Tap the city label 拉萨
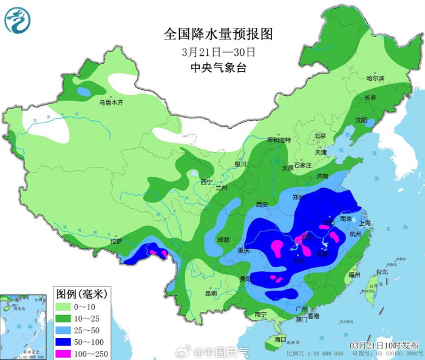point(116,242)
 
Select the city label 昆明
point(211,293)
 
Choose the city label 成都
point(223,239)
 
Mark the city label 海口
point(280,338)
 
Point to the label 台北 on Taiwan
point(381,271)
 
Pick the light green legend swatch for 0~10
point(65,305)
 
